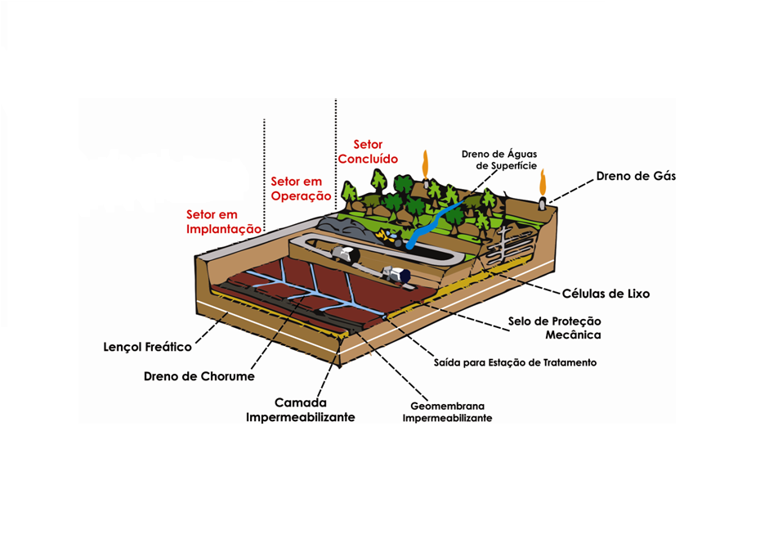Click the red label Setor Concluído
click(x=368, y=151)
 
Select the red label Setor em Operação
click(x=301, y=189)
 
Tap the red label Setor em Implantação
click(x=224, y=222)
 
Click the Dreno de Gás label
click(x=636, y=176)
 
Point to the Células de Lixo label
click(x=606, y=294)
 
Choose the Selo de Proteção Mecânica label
click(x=554, y=328)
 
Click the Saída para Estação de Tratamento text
click(x=515, y=362)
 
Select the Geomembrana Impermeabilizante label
click(x=447, y=412)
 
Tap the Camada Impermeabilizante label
click(x=301, y=410)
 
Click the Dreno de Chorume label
click(x=199, y=376)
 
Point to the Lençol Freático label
click(x=147, y=347)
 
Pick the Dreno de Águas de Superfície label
click(x=499, y=160)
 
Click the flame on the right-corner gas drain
click(x=543, y=182)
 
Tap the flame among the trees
click(x=425, y=164)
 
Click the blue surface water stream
click(x=433, y=223)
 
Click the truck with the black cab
click(x=345, y=254)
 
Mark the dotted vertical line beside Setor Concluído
click(x=336, y=155)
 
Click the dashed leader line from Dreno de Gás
click(x=571, y=190)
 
